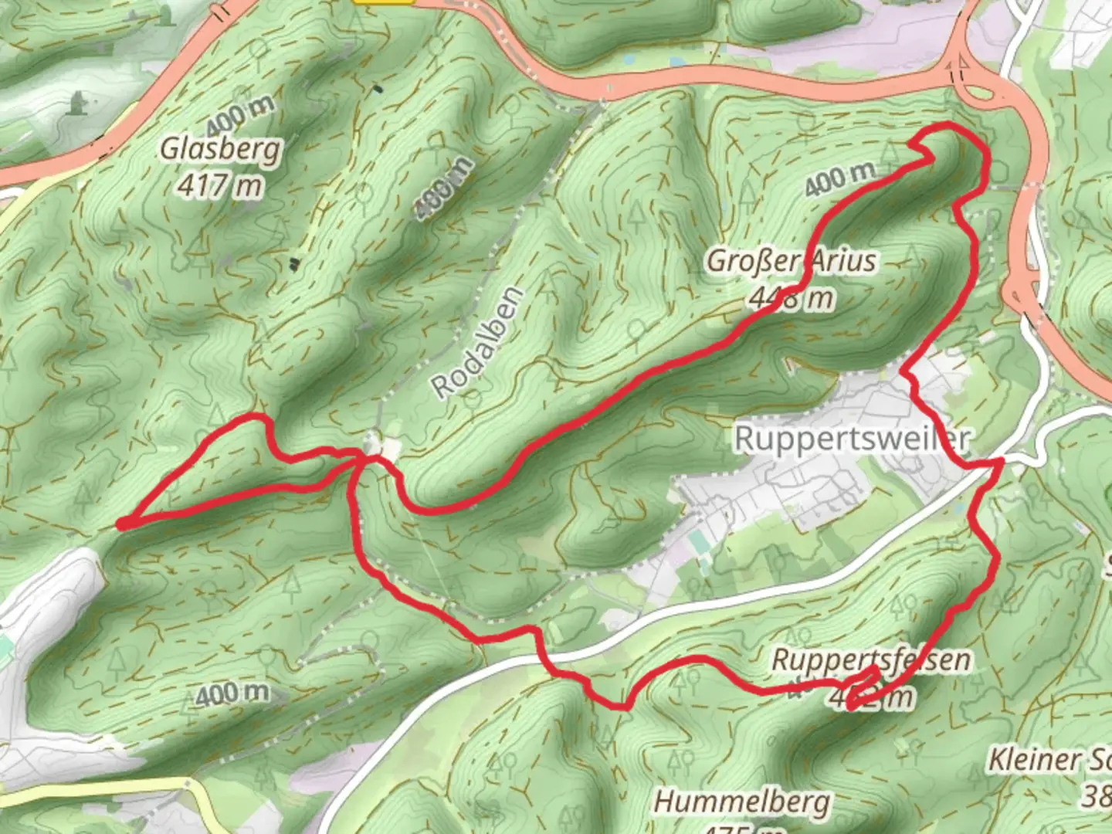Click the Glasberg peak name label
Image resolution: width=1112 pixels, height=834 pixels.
click(x=220, y=148)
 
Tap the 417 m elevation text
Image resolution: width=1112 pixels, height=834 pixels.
click(x=220, y=185)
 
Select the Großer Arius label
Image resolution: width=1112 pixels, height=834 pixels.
click(x=792, y=261)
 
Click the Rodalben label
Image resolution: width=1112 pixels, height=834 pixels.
click(x=478, y=342)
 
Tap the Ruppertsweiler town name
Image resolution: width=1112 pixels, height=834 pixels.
click(x=851, y=438)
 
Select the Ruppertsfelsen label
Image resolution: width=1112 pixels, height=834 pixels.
click(x=871, y=660)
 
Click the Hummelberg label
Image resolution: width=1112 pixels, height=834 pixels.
click(x=742, y=802)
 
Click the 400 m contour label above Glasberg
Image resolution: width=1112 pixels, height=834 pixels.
click(x=240, y=116)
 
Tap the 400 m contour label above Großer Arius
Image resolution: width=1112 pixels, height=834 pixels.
click(x=840, y=179)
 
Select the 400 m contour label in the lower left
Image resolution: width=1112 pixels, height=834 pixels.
click(x=232, y=693)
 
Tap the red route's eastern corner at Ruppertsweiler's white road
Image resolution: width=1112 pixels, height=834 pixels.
click(x=999, y=462)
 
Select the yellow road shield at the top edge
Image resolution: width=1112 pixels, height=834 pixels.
click(x=384, y=2)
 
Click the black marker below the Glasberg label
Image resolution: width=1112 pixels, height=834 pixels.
click(x=293, y=264)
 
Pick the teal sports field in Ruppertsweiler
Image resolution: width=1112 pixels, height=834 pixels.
click(x=701, y=543)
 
